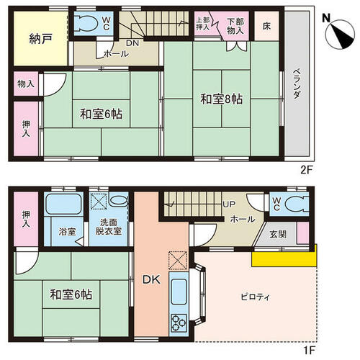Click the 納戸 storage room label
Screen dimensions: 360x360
(x=40, y=39)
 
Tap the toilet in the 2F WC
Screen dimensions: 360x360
(x=85, y=24)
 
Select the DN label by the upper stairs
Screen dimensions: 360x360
(x=132, y=43)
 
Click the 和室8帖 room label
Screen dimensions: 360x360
(x=221, y=99)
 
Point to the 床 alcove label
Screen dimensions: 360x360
(x=266, y=26)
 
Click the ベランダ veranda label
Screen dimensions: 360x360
(x=297, y=84)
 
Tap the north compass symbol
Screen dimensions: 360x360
(x=340, y=35)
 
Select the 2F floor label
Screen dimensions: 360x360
(x=306, y=170)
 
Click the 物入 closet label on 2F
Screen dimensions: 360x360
(x=26, y=84)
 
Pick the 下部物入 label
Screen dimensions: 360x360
(x=235, y=26)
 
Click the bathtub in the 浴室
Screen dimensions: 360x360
(x=64, y=204)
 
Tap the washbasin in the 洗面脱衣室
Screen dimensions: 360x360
(x=118, y=200)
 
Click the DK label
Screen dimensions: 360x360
(x=151, y=279)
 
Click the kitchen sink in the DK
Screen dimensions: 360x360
(x=179, y=292)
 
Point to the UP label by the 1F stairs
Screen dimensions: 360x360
(x=229, y=204)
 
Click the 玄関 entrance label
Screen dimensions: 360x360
(x=278, y=234)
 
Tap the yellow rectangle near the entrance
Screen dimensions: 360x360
(x=284, y=258)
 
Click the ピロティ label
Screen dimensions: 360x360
(x=255, y=297)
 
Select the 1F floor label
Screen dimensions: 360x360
(x=310, y=351)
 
